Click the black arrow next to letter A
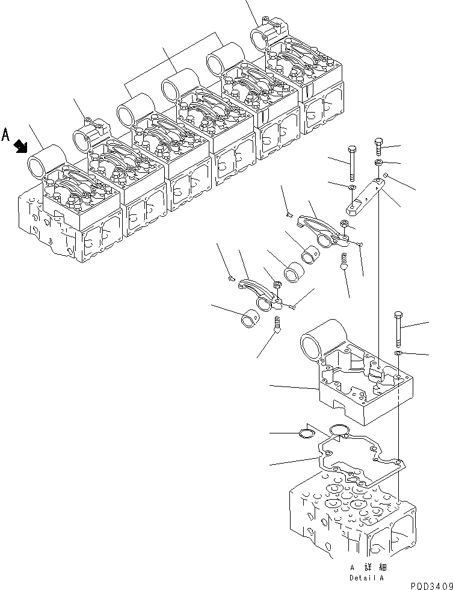[21, 146]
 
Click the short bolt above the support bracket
[378, 146]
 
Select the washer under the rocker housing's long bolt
[398, 352]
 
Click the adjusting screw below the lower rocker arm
[277, 324]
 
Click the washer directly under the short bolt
[378, 164]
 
